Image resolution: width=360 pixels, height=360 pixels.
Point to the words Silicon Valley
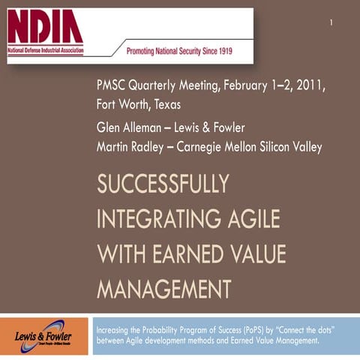(x=296, y=145)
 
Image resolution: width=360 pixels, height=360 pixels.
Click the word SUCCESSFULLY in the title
(x=163, y=184)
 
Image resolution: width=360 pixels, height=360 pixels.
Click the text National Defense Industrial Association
(x=45, y=51)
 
